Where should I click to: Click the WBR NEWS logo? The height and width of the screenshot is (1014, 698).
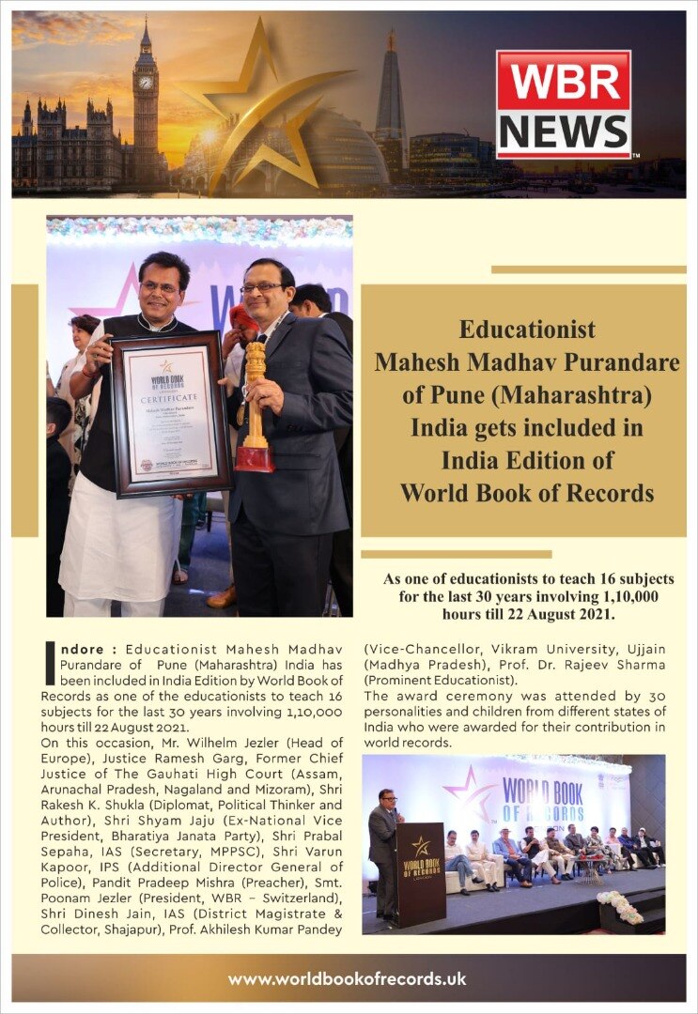[x=564, y=104]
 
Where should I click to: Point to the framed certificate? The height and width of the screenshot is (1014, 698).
[x=171, y=412]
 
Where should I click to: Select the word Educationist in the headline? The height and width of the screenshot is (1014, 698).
[x=527, y=330]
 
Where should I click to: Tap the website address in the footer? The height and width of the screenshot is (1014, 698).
[x=348, y=978]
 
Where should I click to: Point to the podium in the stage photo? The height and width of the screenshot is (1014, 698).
[x=419, y=874]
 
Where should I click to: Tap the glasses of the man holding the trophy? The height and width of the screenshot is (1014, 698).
[x=260, y=287]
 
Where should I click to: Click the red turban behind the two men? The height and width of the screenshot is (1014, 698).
[x=243, y=315]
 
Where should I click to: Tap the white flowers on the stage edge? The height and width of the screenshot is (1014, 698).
[x=620, y=906]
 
